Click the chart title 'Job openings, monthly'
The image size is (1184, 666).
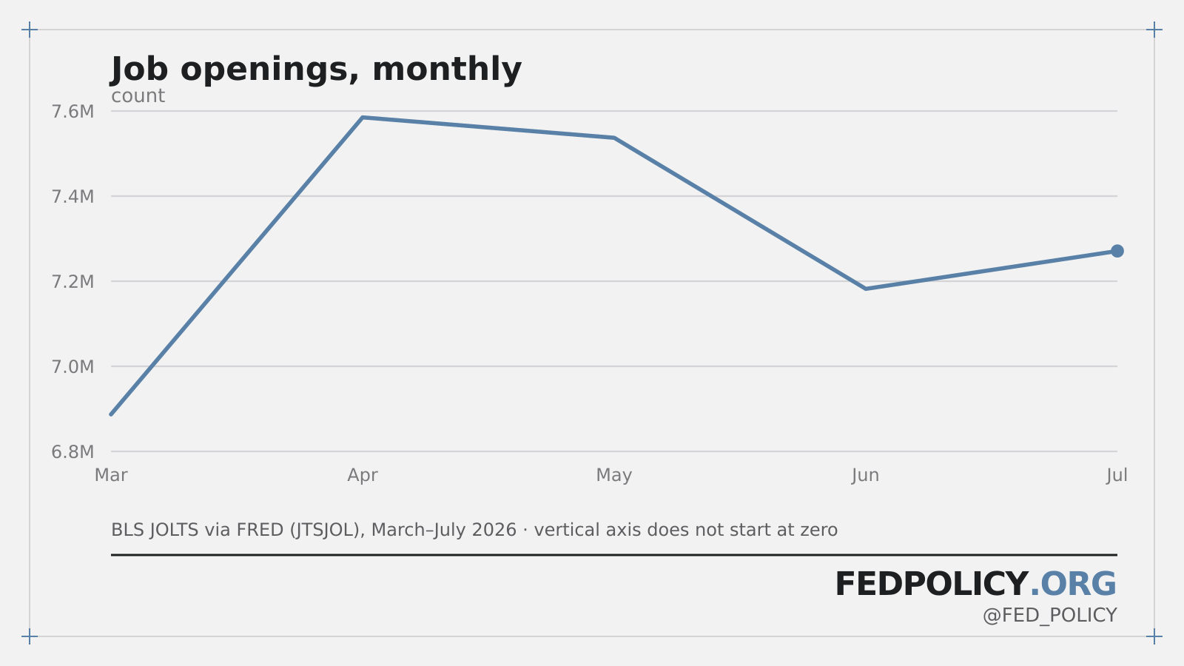coord(316,70)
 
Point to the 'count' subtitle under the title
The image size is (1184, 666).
coord(138,96)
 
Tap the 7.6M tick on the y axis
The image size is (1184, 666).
coord(73,112)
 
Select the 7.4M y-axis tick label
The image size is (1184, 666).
coord(73,197)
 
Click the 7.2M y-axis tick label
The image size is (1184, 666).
coord(73,282)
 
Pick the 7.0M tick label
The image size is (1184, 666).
coord(73,367)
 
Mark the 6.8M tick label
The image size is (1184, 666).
coord(73,452)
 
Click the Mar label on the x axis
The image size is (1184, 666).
coord(111,475)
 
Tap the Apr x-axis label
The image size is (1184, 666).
coord(363,475)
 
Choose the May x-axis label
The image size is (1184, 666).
coord(614,475)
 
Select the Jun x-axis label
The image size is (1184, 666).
coord(865,475)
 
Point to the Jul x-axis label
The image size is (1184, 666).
coord(1117,475)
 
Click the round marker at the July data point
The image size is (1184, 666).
coord(1117,251)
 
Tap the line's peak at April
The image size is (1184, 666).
coord(363,118)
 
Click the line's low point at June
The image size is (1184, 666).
coord(865,289)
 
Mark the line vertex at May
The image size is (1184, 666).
coord(614,138)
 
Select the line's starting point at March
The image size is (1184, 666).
coord(111,414)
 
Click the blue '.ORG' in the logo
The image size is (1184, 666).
coord(1073,584)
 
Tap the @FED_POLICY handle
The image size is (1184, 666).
coord(1050,616)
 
